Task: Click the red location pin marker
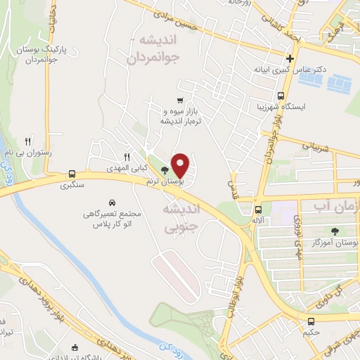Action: (181, 166)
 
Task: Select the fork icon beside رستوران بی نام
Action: (27, 141)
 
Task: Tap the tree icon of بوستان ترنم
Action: (165, 171)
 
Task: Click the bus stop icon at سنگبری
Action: (72, 174)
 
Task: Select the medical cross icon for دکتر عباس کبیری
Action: (290, 59)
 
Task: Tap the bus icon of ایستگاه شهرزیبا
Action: (281, 96)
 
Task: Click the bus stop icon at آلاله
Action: (259, 209)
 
